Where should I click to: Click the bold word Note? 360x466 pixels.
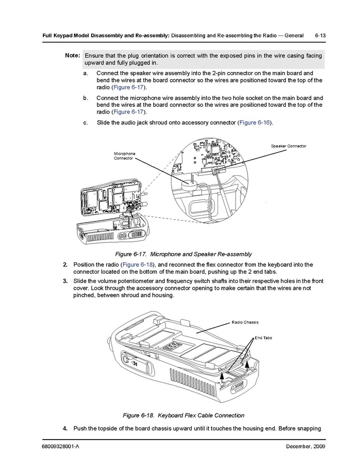tap(72, 55)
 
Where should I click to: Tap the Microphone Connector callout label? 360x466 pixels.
tap(124, 156)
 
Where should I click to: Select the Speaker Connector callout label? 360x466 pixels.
tap(289, 146)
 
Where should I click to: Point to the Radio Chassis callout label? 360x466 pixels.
tap(245, 322)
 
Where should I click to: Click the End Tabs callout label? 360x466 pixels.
tap(263, 337)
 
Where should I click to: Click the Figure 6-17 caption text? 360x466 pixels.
tap(183, 254)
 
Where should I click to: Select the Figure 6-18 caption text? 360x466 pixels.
tap(183, 415)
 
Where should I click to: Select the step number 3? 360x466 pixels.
tap(65, 281)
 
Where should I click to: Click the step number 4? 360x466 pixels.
tap(65, 429)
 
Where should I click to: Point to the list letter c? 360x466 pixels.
tap(85, 123)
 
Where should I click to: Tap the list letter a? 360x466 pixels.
tap(85, 73)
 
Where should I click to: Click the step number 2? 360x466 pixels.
tap(65, 265)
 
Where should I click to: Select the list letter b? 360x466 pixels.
tap(85, 98)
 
